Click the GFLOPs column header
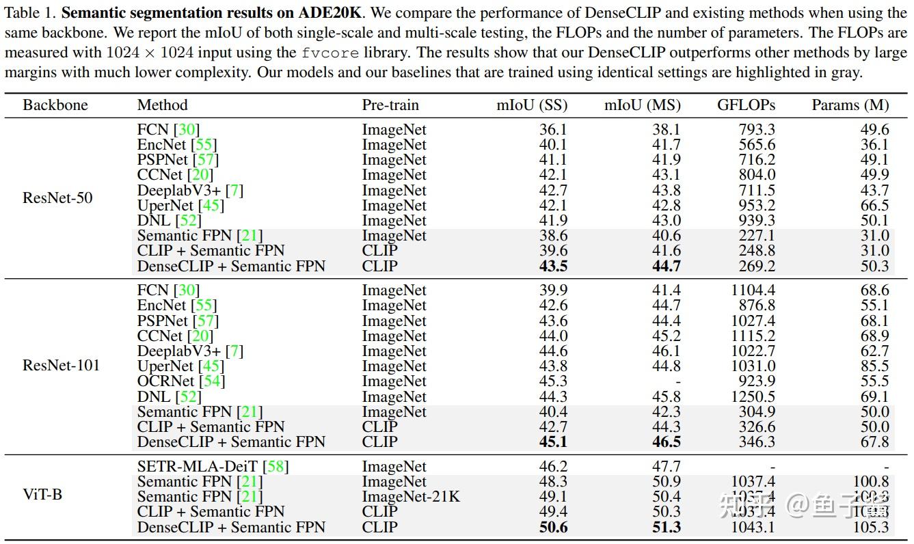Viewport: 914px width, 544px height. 746,105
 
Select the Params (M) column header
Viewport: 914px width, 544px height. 850,105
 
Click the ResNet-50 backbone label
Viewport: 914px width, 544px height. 57,198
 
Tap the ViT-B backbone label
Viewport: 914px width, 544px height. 42,493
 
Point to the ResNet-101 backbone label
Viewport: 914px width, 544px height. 61,365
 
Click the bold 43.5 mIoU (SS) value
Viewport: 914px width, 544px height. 553,266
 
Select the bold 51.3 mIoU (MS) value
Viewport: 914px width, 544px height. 666,527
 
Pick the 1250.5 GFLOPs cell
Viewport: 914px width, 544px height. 752,396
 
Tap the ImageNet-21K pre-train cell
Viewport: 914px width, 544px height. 411,497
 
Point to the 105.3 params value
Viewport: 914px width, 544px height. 870,527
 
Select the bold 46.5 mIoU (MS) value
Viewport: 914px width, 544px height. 666,441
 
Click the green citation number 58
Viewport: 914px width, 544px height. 276,467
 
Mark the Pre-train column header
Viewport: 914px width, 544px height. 390,105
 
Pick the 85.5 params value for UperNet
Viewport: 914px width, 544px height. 874,366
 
